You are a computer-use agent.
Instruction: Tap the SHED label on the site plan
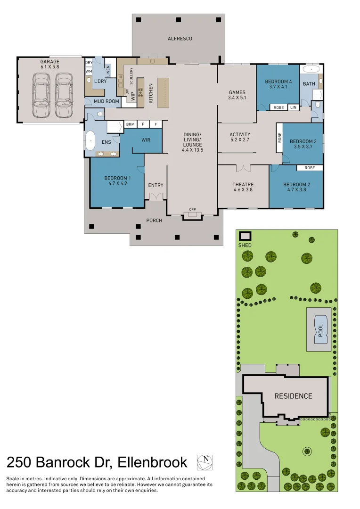point(245,245)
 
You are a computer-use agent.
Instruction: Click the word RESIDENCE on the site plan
point(293,396)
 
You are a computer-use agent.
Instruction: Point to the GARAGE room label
point(50,62)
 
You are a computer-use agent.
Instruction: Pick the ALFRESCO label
point(180,39)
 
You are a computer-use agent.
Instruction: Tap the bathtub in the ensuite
point(90,140)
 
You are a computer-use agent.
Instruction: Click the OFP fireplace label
point(192,209)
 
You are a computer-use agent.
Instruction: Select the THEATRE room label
point(243,184)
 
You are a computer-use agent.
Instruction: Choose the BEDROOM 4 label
point(278,82)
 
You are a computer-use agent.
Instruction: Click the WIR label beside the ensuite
point(146,140)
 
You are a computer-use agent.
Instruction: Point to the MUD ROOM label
point(106,101)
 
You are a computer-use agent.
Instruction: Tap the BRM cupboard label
point(130,124)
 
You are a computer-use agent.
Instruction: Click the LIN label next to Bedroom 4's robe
point(293,107)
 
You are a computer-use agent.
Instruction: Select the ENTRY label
point(155,185)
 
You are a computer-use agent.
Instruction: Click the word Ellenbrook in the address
point(152,462)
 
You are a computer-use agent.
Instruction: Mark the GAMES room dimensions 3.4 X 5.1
point(237,98)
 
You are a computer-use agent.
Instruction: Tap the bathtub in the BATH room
point(311,70)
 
